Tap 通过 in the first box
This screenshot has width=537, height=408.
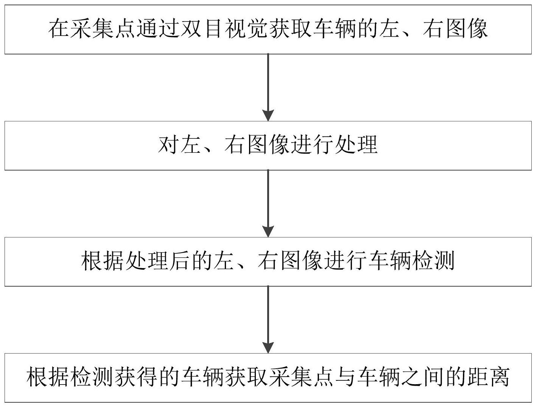(159, 29)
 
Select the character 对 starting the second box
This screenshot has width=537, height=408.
(169, 145)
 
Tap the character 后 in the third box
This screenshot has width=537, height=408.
(181, 261)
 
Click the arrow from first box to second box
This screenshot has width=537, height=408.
(268, 87)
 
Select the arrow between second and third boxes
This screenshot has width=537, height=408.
(268, 203)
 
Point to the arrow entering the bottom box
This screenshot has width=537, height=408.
(268, 320)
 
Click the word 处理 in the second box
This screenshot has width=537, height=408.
(356, 145)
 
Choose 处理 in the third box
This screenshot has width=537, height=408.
(147, 261)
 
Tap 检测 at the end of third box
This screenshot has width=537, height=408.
(433, 261)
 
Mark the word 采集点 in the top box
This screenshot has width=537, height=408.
(93, 29)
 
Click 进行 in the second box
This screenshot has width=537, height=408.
(312, 145)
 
